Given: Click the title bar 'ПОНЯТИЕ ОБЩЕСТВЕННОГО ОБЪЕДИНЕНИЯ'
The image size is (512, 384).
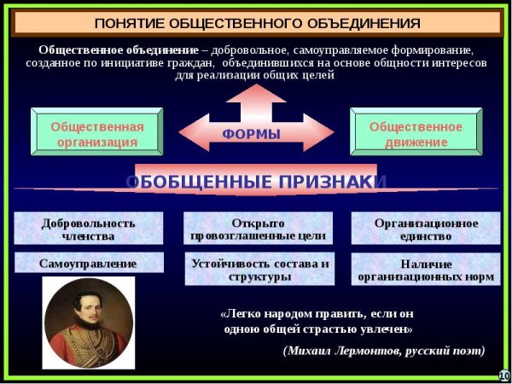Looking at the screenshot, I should [256, 22].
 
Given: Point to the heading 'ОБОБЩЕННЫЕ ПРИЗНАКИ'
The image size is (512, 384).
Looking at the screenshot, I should [256, 182].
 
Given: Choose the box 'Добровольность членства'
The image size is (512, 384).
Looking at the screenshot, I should [88, 229].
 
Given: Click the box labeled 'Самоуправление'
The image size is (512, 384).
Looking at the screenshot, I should [88, 264].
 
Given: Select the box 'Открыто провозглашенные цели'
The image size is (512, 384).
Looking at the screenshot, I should [257, 229].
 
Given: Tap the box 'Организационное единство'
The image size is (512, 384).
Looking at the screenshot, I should [426, 229].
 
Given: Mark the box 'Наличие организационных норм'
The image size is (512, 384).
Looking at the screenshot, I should [426, 269].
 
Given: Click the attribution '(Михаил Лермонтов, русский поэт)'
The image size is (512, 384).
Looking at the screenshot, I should [383, 350].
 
